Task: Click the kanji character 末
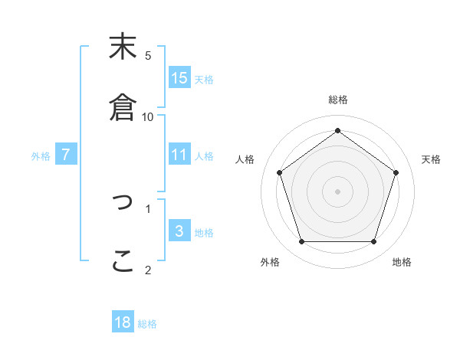tap(123, 47)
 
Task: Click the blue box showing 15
tap(179, 78)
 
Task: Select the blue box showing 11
tap(179, 155)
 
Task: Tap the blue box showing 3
tap(179, 231)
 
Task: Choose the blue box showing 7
tap(66, 155)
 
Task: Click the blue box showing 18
tap(123, 322)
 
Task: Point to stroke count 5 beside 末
tap(148, 55)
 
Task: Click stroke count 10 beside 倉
tap(148, 116)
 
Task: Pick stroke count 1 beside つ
tap(148, 208)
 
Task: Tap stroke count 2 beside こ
tap(148, 270)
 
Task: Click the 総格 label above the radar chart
tap(337, 100)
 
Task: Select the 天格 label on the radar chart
tap(431, 159)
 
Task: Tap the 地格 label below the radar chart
tap(402, 262)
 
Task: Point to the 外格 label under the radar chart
tap(270, 262)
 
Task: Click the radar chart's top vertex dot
tap(337, 130)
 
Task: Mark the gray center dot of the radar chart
tap(337, 191)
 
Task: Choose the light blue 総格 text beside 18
tap(147, 324)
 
